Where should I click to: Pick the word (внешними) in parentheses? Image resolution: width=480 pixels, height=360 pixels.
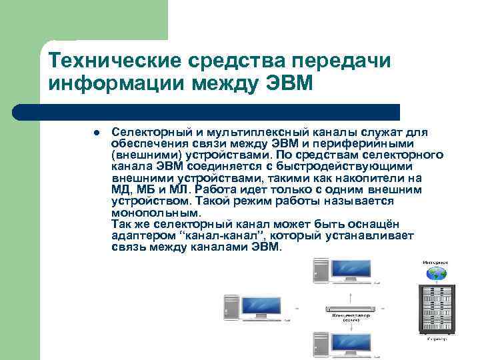[x=139, y=154]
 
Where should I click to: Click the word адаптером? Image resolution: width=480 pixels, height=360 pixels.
[x=138, y=235]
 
